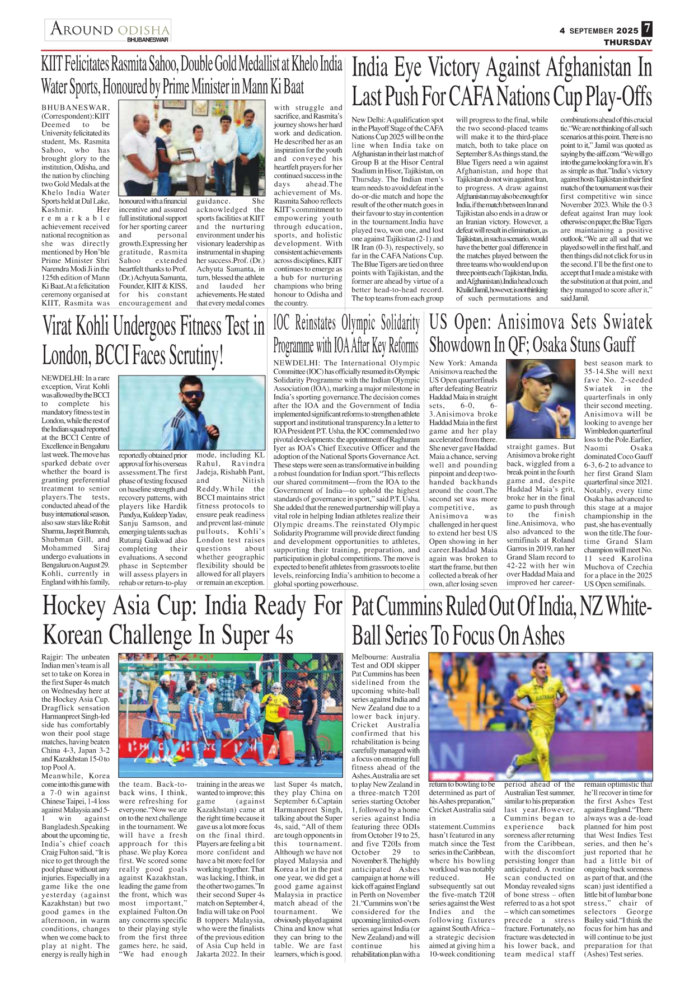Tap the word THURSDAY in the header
click(x=627, y=43)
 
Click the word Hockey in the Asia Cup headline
click(x=74, y=607)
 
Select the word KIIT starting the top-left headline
click(x=51, y=64)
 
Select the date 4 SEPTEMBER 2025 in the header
click(x=598, y=31)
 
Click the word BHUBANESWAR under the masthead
click(x=147, y=40)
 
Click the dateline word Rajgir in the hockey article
click(x=51, y=657)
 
